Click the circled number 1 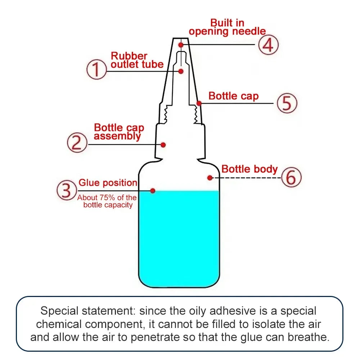(96, 69)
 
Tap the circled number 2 (77, 143)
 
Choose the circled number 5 (287, 104)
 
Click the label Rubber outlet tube (137, 60)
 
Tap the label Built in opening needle (227, 27)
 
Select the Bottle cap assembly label (119, 132)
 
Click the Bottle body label (249, 169)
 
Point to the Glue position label (108, 183)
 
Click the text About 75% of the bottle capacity (107, 201)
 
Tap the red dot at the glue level (153, 190)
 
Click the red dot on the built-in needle (181, 45)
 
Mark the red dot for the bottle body (210, 177)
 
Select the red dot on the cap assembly (163, 144)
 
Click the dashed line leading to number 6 (248, 178)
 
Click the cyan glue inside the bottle (179, 238)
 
